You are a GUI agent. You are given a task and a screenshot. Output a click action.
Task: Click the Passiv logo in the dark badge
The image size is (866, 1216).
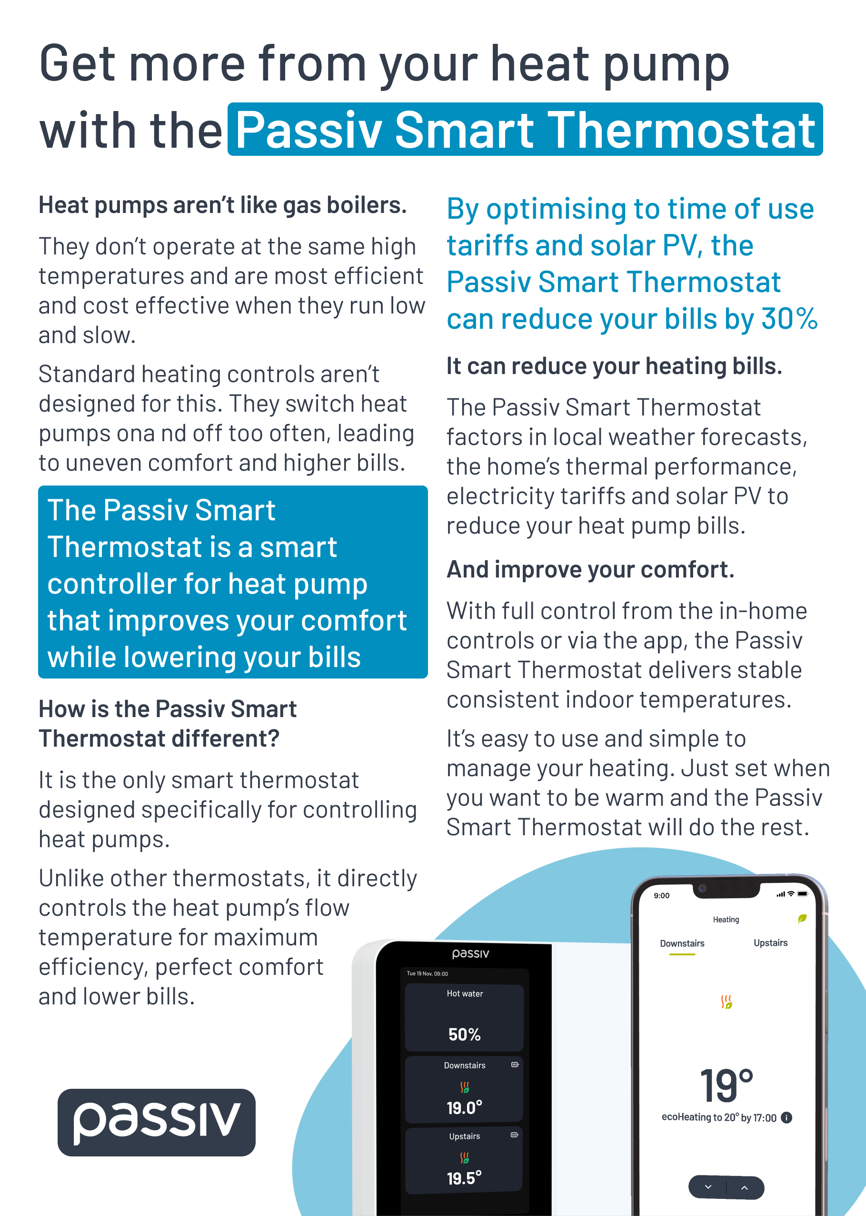pos(156,1122)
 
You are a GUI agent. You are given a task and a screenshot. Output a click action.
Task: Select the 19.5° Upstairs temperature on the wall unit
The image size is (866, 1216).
pos(464,1177)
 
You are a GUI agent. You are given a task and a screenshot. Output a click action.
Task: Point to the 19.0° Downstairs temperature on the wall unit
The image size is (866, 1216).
pos(464,1108)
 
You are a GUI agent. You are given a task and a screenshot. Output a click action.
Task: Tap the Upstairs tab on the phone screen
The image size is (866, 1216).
pos(770,943)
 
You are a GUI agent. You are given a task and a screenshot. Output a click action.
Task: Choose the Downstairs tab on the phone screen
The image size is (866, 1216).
pos(682,943)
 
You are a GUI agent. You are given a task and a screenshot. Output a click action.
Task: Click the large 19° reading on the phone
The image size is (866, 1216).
pos(726,1086)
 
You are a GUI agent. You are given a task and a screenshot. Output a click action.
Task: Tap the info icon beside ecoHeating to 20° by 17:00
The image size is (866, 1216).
pos(786,1117)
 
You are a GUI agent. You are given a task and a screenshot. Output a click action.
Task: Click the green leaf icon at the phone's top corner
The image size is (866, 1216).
pos(802,918)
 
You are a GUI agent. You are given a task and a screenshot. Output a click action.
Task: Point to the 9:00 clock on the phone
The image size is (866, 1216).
pos(661,895)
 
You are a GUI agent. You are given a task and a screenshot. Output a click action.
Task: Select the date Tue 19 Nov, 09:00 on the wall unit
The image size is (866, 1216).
pos(427,973)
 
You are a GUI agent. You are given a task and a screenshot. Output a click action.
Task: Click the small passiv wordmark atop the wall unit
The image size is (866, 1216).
pos(470,953)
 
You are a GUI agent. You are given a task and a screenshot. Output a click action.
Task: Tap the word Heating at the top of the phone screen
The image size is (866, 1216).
pos(726,919)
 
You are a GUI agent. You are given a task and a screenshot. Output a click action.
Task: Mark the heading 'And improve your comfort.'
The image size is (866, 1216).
pos(590,569)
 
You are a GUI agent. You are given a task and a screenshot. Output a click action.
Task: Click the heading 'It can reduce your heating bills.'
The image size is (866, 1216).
pos(614,366)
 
